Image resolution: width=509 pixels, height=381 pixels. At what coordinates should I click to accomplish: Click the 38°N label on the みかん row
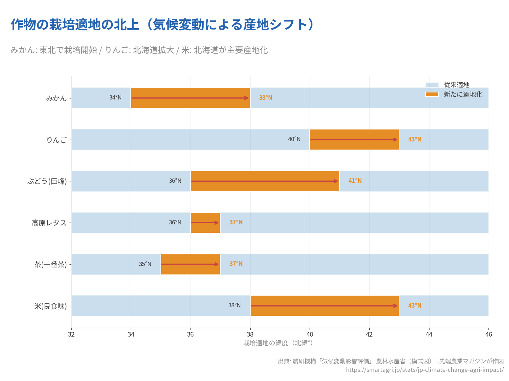click(x=265, y=98)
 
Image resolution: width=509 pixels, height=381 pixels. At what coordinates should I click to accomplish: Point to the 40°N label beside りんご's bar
click(x=294, y=139)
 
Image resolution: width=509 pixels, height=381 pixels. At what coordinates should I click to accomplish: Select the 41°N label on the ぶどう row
click(x=355, y=181)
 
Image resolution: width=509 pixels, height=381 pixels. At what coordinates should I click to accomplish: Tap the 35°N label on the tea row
click(x=145, y=264)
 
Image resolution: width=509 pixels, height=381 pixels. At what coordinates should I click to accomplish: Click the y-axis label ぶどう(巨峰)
click(x=47, y=181)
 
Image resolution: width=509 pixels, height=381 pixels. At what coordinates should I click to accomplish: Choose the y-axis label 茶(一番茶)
click(x=51, y=265)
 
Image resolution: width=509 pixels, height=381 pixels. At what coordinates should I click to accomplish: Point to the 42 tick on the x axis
click(x=369, y=334)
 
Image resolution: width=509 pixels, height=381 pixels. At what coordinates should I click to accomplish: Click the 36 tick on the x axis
click(x=191, y=334)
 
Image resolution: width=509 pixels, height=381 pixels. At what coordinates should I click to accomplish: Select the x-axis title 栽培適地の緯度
click(x=278, y=343)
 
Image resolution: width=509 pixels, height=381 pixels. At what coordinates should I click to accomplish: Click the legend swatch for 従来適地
click(x=432, y=85)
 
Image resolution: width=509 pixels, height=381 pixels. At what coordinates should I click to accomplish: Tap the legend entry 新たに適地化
click(x=463, y=95)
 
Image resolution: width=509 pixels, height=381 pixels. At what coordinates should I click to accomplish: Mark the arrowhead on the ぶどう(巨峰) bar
click(x=336, y=181)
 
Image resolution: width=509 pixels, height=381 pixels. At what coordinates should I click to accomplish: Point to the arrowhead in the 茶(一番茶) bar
click(x=217, y=264)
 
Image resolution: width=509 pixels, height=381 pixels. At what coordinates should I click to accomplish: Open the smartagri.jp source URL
click(x=425, y=370)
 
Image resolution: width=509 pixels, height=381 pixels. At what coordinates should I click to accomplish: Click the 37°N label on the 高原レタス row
click(x=236, y=222)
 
